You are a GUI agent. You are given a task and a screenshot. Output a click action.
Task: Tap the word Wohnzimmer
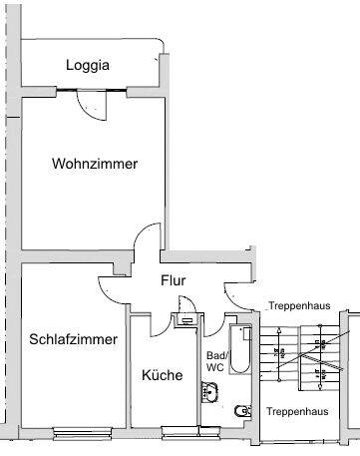tap(95, 164)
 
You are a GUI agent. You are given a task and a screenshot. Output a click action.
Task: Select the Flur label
tap(173, 280)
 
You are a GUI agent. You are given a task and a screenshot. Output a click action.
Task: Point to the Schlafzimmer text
tap(73, 339)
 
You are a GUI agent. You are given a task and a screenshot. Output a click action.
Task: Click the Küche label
tap(162, 375)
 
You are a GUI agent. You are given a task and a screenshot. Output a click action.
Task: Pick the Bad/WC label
tap(215, 360)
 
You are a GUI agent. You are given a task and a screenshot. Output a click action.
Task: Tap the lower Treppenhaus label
tap(298, 410)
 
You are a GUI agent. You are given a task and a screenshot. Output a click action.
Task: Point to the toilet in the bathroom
tap(240, 411)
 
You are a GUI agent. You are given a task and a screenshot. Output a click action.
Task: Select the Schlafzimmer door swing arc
tap(111, 287)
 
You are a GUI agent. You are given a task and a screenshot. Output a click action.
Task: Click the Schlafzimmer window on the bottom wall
tap(85, 431)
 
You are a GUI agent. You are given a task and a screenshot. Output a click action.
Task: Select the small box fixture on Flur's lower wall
tap(186, 319)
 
